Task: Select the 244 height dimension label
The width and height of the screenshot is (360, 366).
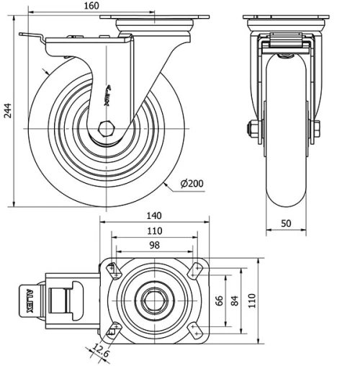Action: tap(6, 110)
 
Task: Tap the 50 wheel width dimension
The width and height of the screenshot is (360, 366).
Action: tap(286, 224)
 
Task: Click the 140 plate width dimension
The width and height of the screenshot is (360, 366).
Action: tap(153, 215)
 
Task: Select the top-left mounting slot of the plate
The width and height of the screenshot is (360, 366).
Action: tap(112, 270)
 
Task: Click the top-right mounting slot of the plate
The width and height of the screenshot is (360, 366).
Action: tap(194, 270)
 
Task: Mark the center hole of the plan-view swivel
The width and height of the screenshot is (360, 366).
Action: tap(153, 300)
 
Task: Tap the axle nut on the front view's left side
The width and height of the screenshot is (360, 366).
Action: tap(253, 130)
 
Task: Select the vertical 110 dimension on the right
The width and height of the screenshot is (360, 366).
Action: tap(252, 300)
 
